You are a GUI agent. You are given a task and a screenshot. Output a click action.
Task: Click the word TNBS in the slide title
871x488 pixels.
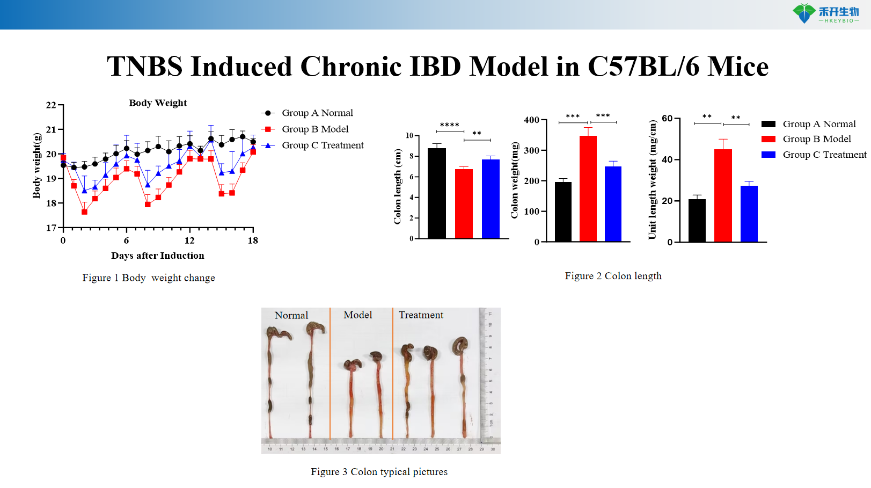[x=145, y=67]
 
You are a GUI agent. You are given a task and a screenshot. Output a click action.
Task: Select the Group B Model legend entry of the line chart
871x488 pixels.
[x=315, y=129]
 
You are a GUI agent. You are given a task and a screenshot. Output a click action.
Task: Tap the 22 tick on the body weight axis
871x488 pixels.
[x=51, y=105]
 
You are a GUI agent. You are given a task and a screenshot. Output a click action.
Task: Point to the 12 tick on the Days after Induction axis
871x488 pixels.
[x=189, y=241]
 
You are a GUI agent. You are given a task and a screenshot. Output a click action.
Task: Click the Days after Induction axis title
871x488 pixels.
[x=157, y=256]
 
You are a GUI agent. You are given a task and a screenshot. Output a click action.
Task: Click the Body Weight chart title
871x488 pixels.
[x=158, y=103]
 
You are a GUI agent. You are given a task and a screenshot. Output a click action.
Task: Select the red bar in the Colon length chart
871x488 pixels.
[x=464, y=203]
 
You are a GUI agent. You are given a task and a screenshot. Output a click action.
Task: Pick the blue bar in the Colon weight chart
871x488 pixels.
[x=613, y=203]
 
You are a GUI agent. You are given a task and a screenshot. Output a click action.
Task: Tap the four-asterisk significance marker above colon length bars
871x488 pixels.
[x=450, y=125]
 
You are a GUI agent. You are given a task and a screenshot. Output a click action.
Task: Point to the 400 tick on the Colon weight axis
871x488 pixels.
[x=531, y=120]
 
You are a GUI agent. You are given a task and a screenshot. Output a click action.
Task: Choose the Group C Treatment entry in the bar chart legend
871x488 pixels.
[x=824, y=155]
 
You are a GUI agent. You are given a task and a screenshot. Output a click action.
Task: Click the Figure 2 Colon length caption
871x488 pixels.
[x=613, y=276]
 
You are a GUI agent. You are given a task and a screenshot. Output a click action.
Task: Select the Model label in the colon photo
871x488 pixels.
[x=358, y=315]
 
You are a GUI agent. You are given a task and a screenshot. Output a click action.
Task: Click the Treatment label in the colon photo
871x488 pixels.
[x=421, y=315]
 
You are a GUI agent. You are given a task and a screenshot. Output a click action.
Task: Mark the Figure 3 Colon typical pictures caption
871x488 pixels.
[x=379, y=472]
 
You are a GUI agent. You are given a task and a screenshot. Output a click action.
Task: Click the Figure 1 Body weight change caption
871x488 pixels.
[x=149, y=278]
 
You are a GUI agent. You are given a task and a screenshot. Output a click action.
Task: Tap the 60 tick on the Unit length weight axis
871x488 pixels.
[x=667, y=119]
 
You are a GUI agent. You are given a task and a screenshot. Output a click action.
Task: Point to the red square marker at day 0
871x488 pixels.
[x=63, y=158]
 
